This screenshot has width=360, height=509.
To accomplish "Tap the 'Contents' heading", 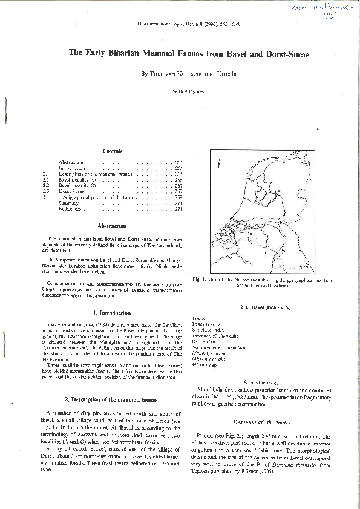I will (x=113, y=151).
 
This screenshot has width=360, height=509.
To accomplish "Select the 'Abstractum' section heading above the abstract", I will (x=112, y=226).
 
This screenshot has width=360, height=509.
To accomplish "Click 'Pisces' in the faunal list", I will (x=198, y=318).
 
